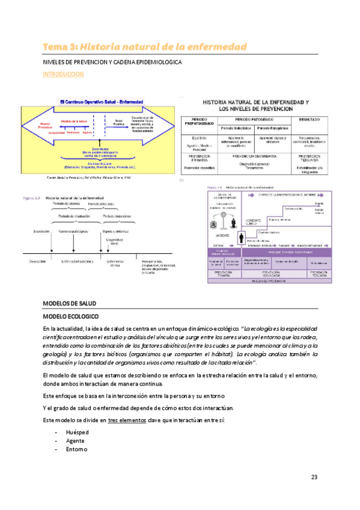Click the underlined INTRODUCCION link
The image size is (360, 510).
(63, 75)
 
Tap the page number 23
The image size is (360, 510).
(314, 478)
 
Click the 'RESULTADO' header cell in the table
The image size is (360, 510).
(308, 120)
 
